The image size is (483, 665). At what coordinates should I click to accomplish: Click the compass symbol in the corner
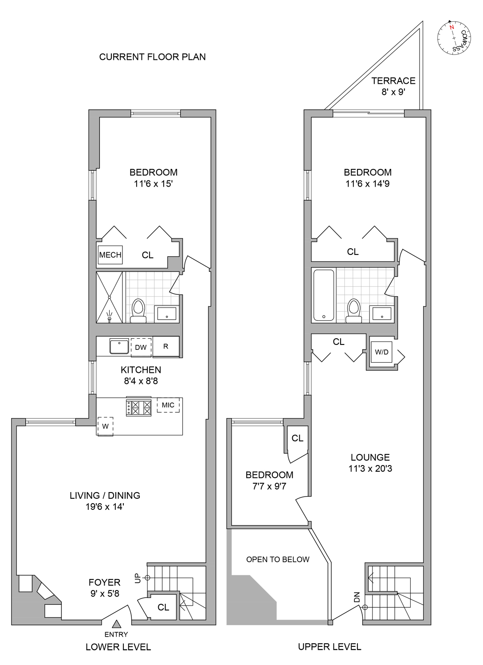click(x=453, y=38)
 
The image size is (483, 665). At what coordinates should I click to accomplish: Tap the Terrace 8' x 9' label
click(x=393, y=86)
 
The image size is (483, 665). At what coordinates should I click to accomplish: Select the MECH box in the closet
click(x=110, y=255)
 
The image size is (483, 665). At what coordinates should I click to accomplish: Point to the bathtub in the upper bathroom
click(x=324, y=295)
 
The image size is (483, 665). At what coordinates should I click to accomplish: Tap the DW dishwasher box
click(x=141, y=347)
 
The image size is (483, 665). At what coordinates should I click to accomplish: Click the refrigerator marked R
click(x=166, y=347)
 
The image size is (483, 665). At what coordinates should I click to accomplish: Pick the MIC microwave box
click(x=168, y=405)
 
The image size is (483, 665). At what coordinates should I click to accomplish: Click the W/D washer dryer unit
click(x=381, y=352)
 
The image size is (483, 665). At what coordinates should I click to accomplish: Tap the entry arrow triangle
click(x=116, y=624)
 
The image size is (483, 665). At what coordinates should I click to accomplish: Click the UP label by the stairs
click(x=137, y=578)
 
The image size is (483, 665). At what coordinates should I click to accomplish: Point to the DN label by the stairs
click(x=357, y=597)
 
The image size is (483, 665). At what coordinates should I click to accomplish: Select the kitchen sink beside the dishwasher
click(x=119, y=347)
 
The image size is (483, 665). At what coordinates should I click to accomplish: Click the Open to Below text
click(x=278, y=559)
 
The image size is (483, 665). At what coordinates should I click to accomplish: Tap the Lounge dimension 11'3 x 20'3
click(x=370, y=469)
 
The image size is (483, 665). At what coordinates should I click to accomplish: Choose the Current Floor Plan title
click(x=152, y=57)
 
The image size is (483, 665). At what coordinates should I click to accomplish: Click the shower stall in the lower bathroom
click(x=110, y=297)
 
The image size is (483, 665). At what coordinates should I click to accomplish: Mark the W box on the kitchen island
click(x=106, y=426)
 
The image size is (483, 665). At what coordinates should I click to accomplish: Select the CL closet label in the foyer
click(x=163, y=607)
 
